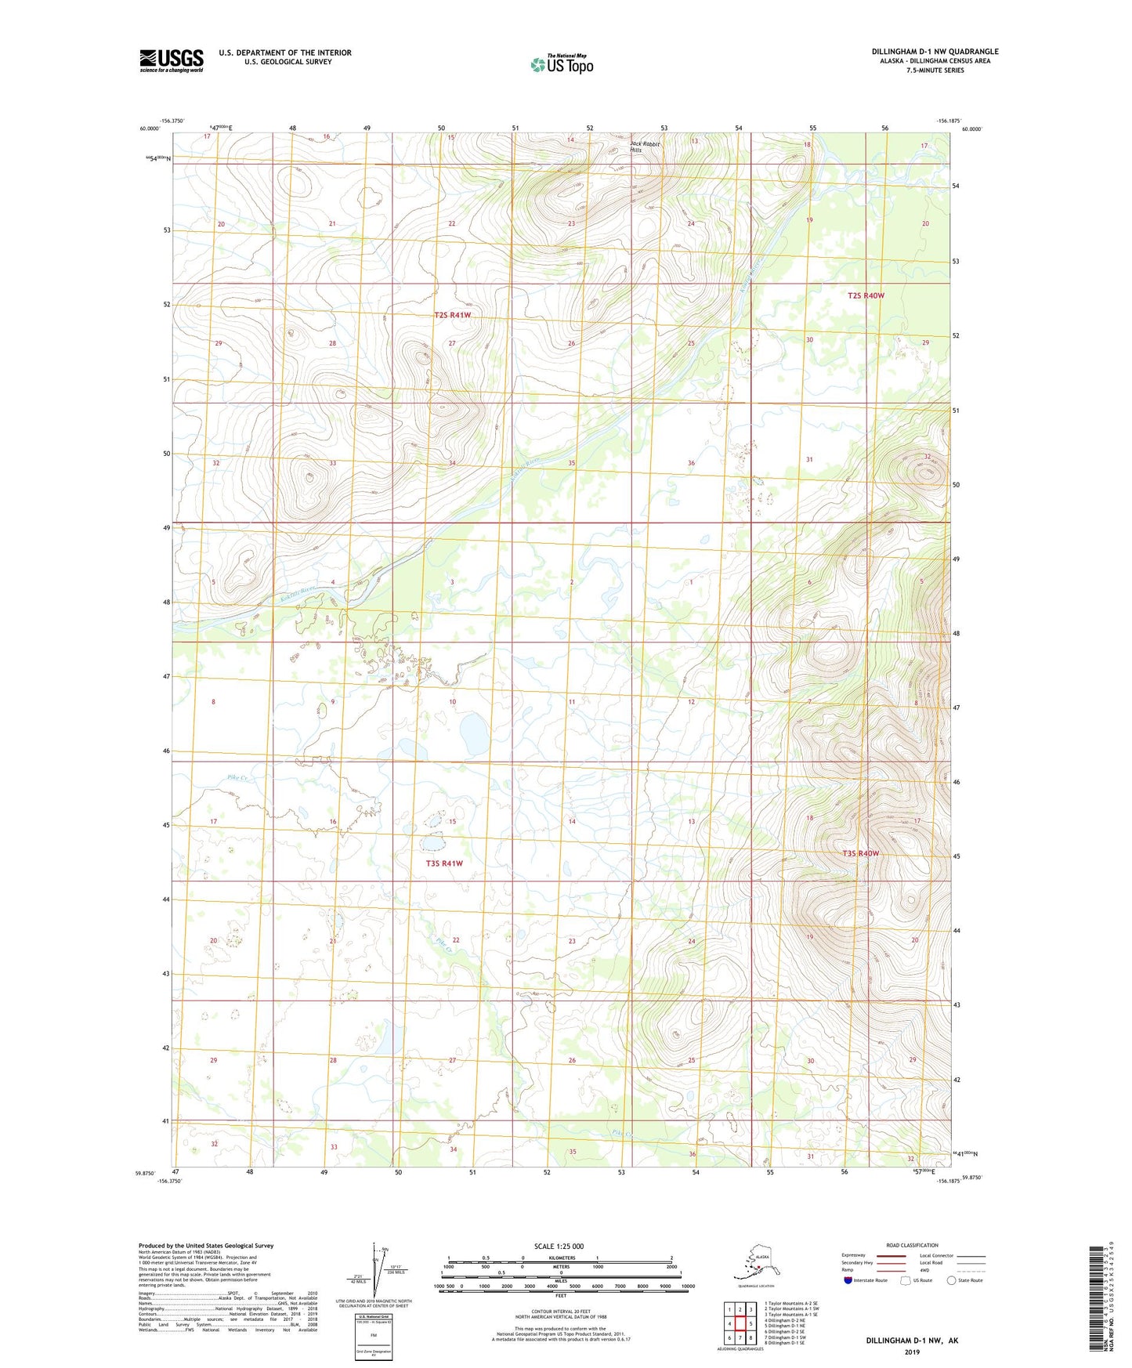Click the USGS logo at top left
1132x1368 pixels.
[171, 60]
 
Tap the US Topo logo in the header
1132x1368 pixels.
[561, 64]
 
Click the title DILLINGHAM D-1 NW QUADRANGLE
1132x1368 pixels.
[935, 52]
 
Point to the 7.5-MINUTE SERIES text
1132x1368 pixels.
[935, 71]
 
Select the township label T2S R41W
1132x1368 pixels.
[453, 315]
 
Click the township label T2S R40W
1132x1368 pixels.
[865, 295]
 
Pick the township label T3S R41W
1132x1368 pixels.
[444, 863]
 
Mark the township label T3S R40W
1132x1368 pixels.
[860, 853]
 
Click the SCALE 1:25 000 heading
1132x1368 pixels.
[559, 1246]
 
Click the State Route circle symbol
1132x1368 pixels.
[951, 1280]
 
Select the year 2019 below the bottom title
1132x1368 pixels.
[912, 1352]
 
